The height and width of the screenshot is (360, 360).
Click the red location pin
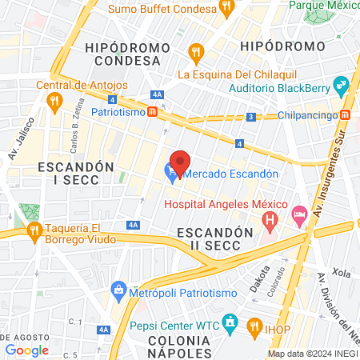pos(180,162)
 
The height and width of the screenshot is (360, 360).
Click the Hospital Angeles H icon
pos(271,217)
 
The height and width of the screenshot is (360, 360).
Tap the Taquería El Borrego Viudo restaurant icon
pos(34,232)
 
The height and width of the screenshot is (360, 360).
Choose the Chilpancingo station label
pos(306,115)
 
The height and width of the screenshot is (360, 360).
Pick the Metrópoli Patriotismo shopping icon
pos(118,289)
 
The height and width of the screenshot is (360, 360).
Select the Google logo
pos(26,350)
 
